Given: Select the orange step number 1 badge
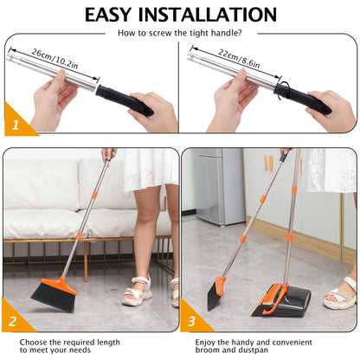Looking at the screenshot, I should tap(13, 125).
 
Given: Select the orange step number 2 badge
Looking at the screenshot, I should tap(13, 322).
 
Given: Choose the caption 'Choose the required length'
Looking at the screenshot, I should tap(61, 340).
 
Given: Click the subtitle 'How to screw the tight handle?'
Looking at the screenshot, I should tap(179, 32).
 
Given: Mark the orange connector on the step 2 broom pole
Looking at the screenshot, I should tap(79, 234).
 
